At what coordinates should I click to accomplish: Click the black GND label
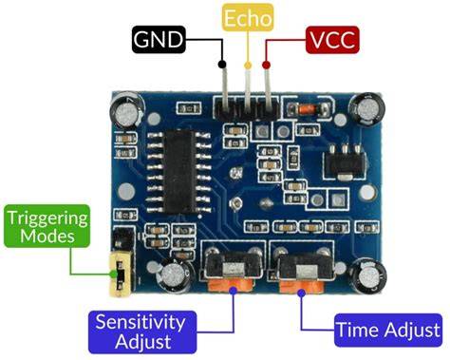point(159,39)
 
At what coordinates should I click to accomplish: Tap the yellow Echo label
point(248,17)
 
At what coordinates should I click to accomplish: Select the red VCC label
point(332,40)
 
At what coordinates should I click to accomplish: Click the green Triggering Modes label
point(47,226)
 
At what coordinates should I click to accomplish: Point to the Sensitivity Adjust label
point(142,332)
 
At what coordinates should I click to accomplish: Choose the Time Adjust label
point(388,331)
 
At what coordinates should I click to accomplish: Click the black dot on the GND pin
point(222,65)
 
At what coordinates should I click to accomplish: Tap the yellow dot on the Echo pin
point(248,66)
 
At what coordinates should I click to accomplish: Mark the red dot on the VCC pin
point(266,66)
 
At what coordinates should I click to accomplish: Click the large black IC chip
point(179,171)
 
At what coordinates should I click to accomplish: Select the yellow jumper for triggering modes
point(121,274)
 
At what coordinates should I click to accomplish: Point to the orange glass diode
point(307,109)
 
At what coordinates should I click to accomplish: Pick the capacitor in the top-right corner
point(367,109)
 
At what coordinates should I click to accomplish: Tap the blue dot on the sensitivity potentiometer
point(233,291)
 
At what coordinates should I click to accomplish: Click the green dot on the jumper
point(114,275)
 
